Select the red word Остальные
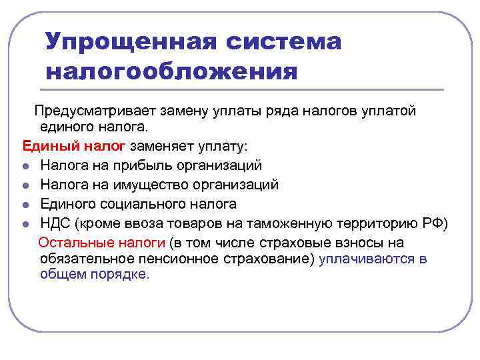coord(71,242)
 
